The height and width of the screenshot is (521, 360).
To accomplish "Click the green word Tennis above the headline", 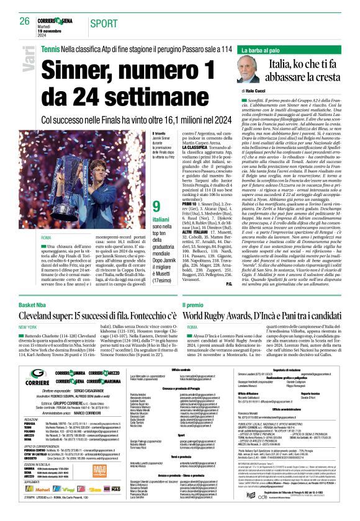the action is (50, 48).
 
